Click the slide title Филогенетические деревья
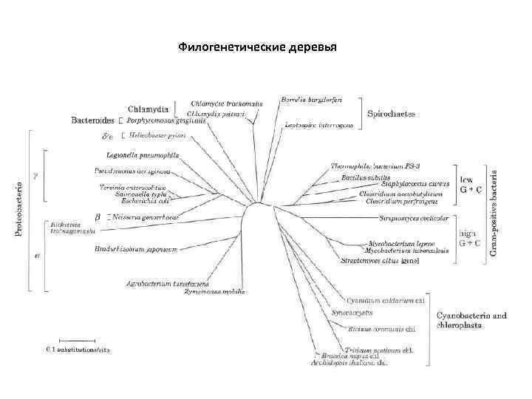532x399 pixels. tap(257, 48)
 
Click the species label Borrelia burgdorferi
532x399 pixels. tap(311, 100)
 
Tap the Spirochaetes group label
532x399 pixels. tap(392, 115)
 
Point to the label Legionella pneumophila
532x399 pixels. tap(138, 155)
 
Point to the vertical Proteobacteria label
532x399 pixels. tap(19, 210)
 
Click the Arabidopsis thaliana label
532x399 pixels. tap(346, 363)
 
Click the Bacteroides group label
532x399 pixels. tap(92, 120)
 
